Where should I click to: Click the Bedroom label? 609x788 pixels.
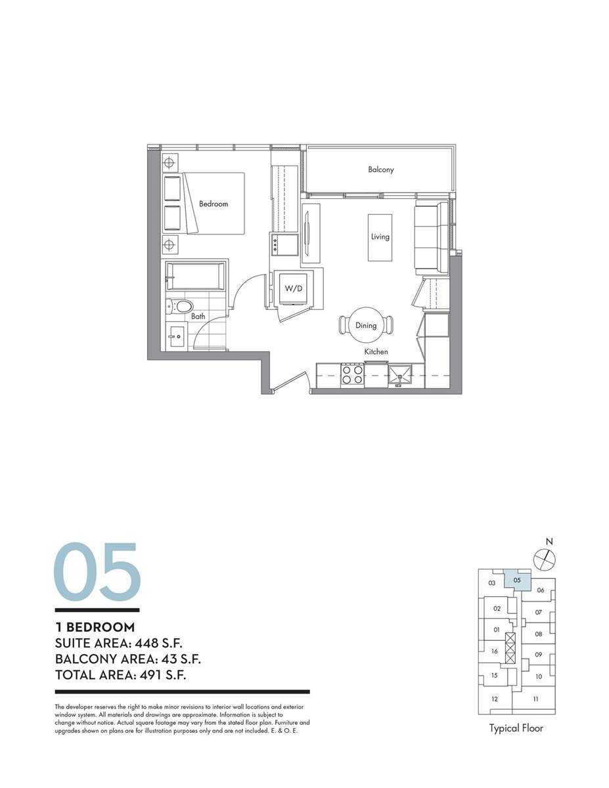click(214, 204)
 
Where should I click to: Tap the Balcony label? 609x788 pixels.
click(380, 169)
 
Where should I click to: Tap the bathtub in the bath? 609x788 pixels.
click(195, 276)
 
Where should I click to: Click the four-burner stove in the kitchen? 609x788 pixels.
click(352, 374)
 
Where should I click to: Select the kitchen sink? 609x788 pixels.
click(400, 374)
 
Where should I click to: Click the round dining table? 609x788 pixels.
click(366, 325)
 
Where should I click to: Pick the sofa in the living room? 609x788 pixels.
click(432, 237)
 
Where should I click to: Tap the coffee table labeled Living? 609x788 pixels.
click(380, 237)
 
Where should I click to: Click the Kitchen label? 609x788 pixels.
click(376, 351)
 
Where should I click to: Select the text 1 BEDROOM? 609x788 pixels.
click(95, 627)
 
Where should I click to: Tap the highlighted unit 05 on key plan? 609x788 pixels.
click(517, 580)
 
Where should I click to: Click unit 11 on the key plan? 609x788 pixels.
click(535, 699)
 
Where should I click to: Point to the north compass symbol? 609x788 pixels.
click(545, 559)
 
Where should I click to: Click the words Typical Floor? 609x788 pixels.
click(516, 728)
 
